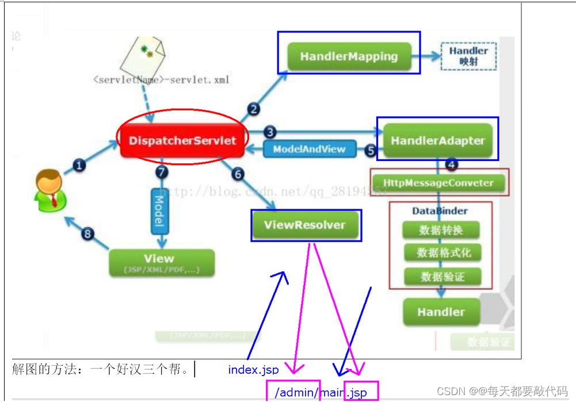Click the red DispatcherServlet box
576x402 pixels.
click(182, 140)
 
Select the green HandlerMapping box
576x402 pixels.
click(349, 56)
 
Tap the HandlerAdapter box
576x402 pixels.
click(438, 140)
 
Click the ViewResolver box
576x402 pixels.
click(305, 225)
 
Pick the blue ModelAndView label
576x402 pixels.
click(310, 149)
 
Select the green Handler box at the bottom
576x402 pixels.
click(441, 312)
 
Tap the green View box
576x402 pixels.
click(161, 262)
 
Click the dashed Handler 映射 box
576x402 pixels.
click(468, 56)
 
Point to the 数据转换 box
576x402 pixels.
click(441, 230)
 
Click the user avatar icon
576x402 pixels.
click(51, 190)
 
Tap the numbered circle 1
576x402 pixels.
click(79, 166)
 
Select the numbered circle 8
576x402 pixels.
click(87, 233)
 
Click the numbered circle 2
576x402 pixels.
click(254, 108)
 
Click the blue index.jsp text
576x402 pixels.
click(253, 370)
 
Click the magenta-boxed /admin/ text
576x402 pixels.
click(294, 392)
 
